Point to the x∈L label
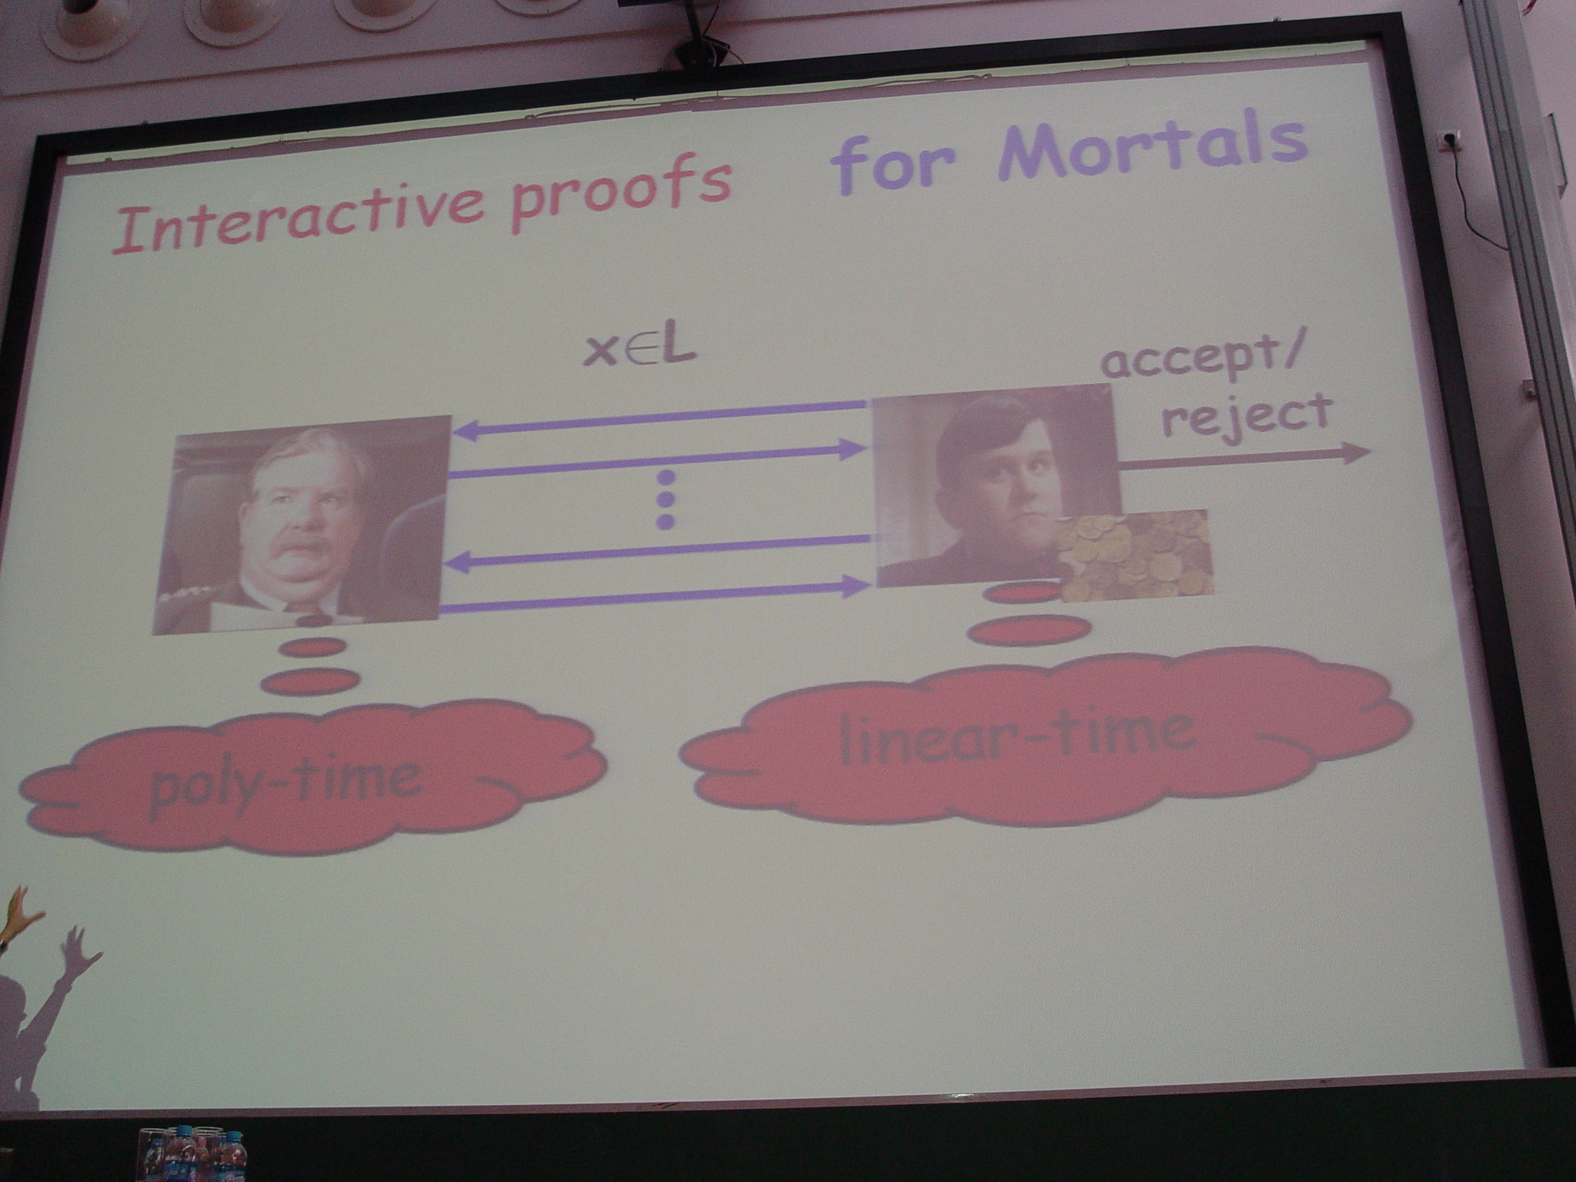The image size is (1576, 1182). [x=639, y=350]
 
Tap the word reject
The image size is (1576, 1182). [x=1247, y=416]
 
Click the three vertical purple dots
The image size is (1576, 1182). [x=666, y=499]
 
